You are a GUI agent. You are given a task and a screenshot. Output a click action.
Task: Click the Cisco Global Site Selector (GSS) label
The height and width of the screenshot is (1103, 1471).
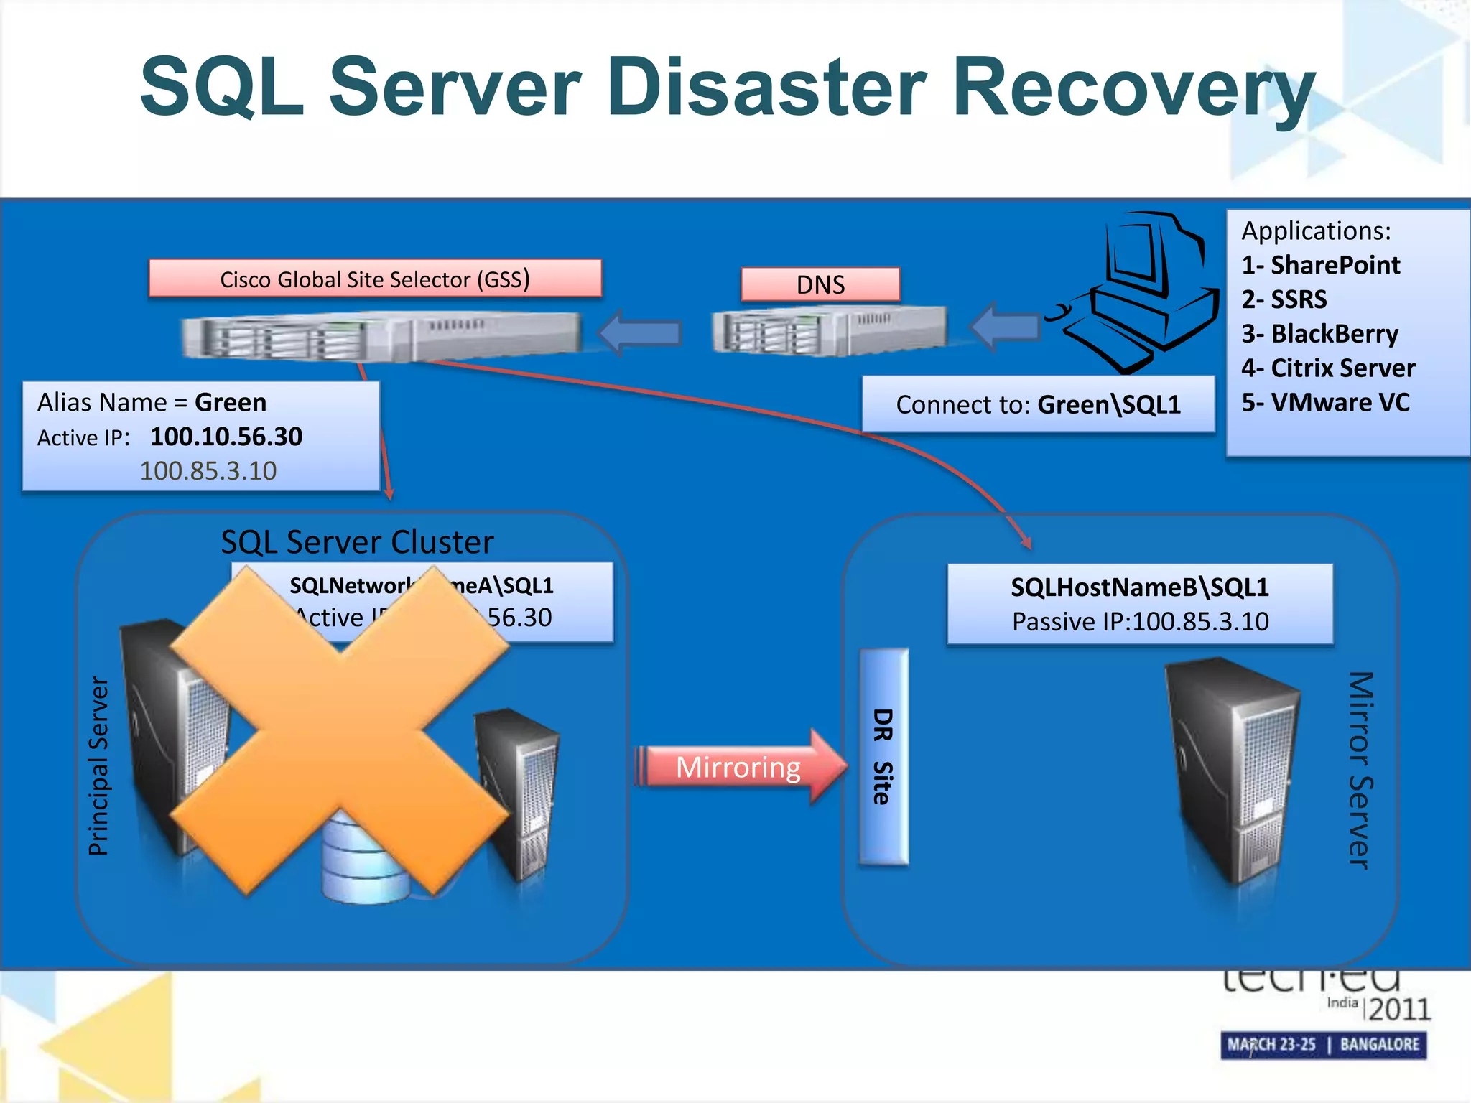coord(374,279)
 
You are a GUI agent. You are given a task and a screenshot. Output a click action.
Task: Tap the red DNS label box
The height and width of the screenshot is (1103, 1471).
coord(820,284)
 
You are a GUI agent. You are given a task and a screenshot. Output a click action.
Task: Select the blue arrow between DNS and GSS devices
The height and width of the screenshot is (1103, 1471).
coord(639,332)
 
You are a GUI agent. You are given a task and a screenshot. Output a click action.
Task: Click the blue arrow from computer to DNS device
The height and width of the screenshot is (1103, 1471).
coord(1006,327)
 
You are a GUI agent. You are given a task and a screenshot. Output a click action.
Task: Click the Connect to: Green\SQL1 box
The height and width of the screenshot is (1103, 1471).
coord(1038,404)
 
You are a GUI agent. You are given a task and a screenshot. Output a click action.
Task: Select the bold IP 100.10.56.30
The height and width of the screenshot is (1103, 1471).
coord(226,437)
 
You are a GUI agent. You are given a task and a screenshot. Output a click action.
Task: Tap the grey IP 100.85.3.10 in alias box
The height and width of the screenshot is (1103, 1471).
coord(208,471)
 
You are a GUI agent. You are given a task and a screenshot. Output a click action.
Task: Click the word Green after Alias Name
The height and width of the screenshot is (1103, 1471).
coord(231,402)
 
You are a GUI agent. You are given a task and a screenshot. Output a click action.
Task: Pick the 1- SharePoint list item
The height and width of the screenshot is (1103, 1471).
coord(1320,265)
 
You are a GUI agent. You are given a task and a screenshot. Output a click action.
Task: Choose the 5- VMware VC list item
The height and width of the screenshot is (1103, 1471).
coord(1325,402)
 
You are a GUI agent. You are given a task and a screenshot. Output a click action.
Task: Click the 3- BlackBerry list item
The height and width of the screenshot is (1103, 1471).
coord(1319,334)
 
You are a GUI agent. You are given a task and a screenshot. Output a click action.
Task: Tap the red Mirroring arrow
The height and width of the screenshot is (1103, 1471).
coord(740,767)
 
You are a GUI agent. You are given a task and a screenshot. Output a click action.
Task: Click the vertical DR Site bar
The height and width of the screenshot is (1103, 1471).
coord(883,757)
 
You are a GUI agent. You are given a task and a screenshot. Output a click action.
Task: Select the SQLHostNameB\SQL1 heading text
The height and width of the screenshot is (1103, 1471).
coord(1139,587)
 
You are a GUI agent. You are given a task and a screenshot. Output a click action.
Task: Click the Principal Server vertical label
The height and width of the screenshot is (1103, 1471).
coord(98,765)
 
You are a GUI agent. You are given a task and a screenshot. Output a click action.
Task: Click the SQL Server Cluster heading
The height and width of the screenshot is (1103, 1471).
coord(357,541)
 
